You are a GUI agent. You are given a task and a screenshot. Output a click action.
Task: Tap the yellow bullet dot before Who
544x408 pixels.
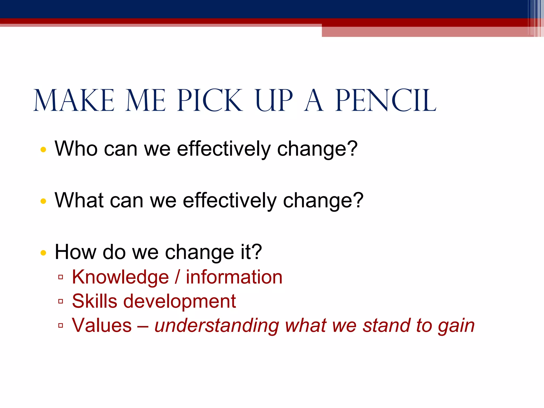[x=43, y=150]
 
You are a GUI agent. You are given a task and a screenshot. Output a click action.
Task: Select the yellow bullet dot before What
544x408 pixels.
[x=43, y=201]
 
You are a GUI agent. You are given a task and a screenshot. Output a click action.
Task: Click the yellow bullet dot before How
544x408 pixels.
[x=43, y=253]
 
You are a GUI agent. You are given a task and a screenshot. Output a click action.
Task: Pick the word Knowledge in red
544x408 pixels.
[x=120, y=277]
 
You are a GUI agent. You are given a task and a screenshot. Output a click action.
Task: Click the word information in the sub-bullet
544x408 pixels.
[x=234, y=277]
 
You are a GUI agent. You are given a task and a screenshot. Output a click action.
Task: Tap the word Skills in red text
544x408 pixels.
[x=95, y=301]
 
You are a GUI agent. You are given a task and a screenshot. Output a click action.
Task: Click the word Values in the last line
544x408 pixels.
[x=102, y=325]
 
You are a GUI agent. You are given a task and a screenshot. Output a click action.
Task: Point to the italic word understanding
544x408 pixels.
[x=216, y=326]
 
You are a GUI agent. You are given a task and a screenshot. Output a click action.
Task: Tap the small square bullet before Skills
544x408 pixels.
[x=61, y=301]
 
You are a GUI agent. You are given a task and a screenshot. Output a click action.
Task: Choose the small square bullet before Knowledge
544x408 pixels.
[x=61, y=277]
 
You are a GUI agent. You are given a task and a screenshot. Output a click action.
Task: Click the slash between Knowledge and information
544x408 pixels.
[x=177, y=277]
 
